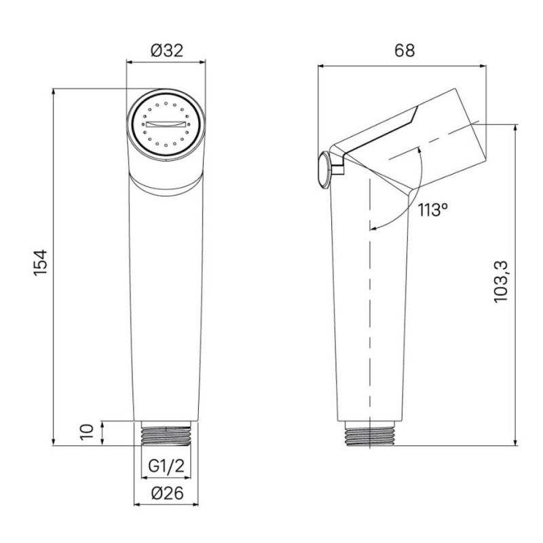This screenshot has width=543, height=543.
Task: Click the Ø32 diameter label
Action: point(166,51)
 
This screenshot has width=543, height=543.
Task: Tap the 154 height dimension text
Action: point(40,263)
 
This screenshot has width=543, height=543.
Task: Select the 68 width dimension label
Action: point(405,50)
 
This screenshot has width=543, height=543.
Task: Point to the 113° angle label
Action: point(433,210)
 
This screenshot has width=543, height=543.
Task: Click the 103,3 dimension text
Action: point(500,282)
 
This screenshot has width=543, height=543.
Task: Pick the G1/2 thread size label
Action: point(166,466)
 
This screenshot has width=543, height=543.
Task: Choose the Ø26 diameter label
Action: point(167,493)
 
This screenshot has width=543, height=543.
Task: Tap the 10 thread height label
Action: point(87,432)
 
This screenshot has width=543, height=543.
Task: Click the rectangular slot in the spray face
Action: point(166,124)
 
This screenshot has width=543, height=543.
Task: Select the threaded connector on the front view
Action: point(166,433)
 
